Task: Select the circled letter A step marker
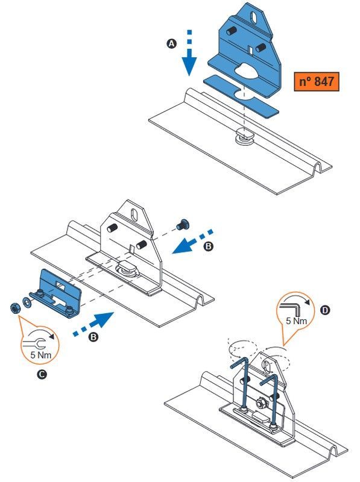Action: point(172,44)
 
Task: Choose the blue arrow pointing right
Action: point(92,326)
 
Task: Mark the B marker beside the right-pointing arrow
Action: point(93,338)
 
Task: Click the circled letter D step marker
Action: point(325,310)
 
